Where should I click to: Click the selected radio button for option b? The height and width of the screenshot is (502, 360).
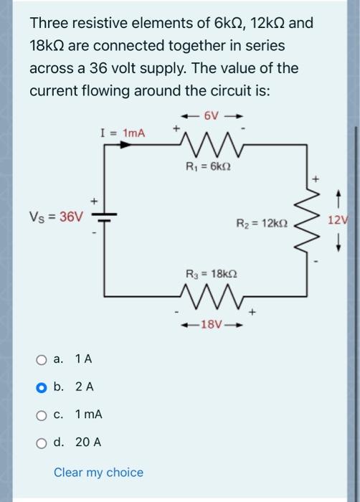click(x=42, y=387)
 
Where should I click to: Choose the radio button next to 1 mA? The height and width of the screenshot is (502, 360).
click(x=42, y=415)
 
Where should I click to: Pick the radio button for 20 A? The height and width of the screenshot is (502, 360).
click(x=42, y=442)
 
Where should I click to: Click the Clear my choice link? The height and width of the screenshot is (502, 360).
click(x=98, y=472)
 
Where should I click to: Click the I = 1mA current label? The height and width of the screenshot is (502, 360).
click(x=123, y=133)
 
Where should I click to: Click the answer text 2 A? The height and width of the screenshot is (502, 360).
click(x=84, y=387)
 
